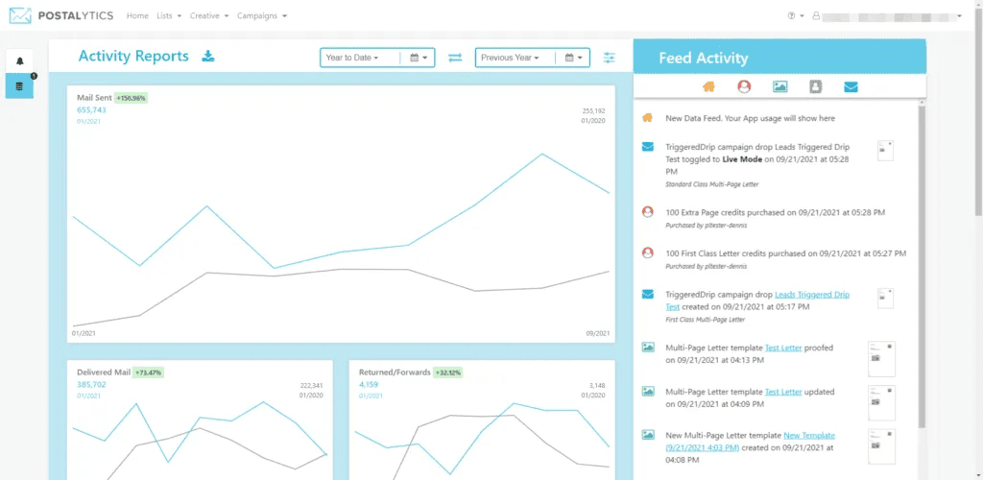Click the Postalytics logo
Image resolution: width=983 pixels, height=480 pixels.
click(x=63, y=15)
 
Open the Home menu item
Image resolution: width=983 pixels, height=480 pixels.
click(x=137, y=16)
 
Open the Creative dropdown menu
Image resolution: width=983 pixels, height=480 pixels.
click(x=208, y=16)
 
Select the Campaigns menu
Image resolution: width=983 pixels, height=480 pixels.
click(x=261, y=16)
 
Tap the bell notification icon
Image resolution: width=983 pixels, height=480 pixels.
click(x=19, y=60)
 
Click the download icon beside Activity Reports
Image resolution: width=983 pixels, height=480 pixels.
click(x=208, y=57)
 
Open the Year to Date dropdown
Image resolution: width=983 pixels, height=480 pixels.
click(x=353, y=58)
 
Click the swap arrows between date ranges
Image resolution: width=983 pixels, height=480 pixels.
click(x=455, y=58)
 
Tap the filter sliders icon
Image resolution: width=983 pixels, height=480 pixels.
click(x=610, y=58)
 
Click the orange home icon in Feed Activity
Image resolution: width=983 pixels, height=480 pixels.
click(x=708, y=86)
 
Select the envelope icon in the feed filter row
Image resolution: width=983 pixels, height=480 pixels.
click(x=851, y=86)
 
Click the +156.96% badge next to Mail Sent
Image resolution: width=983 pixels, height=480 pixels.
click(x=131, y=98)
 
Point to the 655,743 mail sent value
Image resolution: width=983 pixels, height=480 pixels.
click(x=91, y=110)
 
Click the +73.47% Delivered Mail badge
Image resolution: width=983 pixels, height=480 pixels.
click(x=148, y=372)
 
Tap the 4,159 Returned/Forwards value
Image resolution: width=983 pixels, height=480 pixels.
click(x=369, y=384)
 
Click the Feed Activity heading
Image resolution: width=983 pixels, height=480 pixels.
click(x=703, y=59)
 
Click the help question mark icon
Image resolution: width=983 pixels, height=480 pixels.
click(x=791, y=16)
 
